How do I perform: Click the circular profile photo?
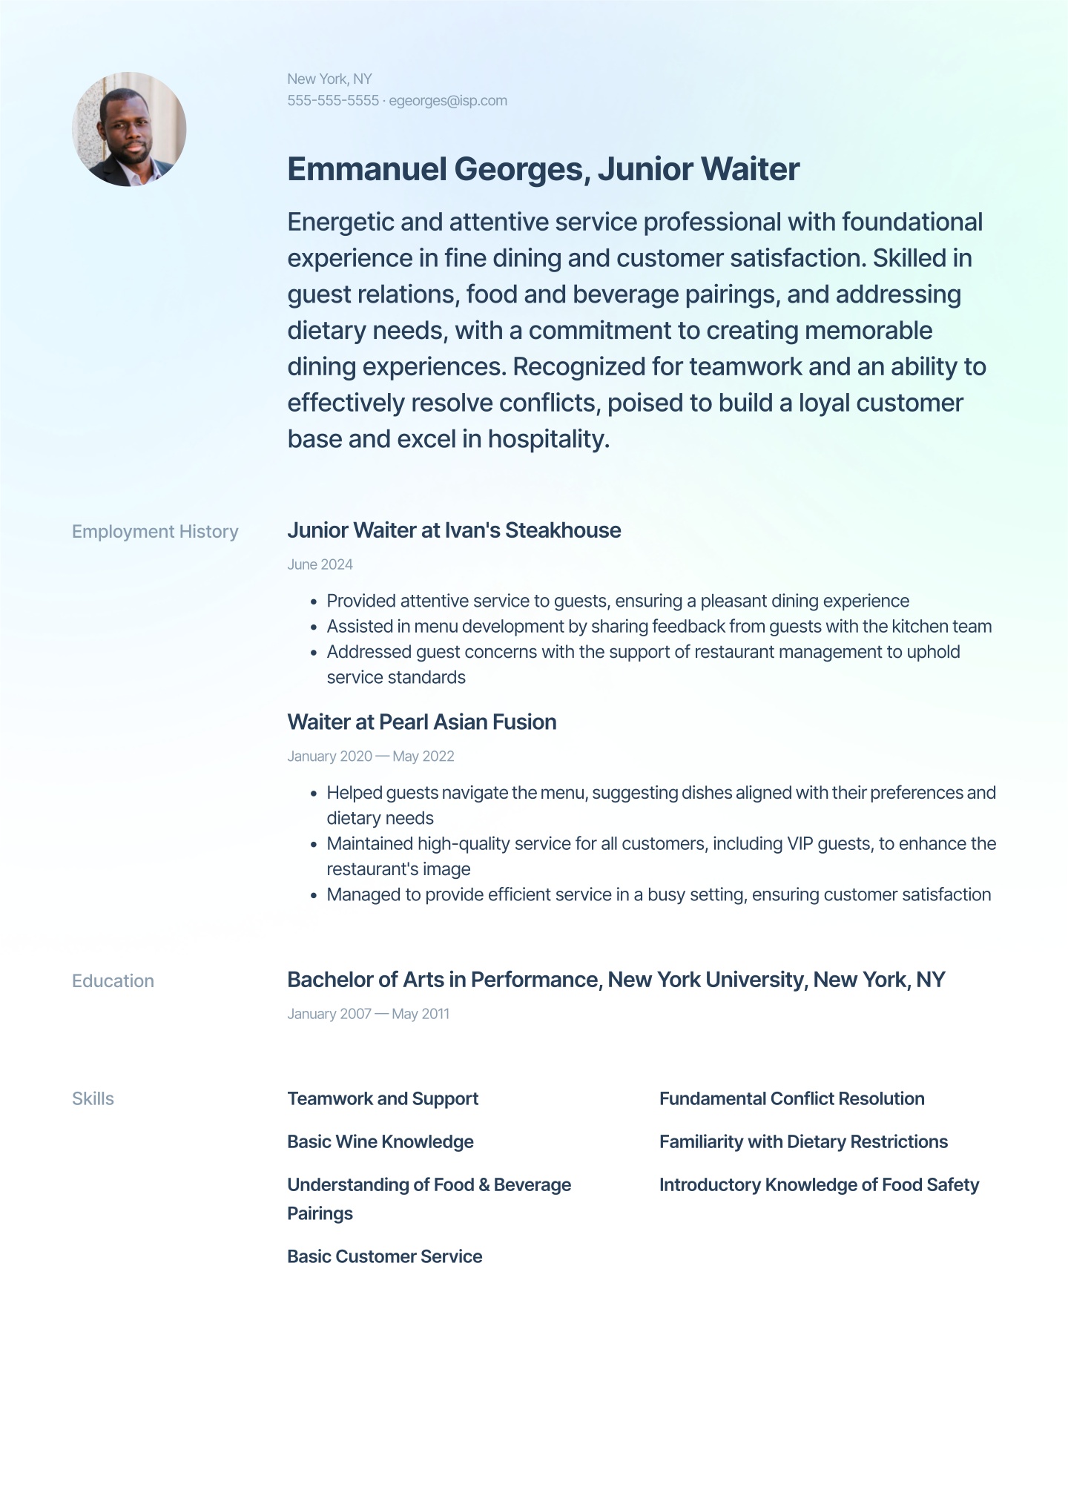(x=129, y=129)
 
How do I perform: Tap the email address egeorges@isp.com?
(x=448, y=101)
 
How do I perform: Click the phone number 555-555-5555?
(x=333, y=101)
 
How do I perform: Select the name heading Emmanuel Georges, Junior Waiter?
(x=543, y=169)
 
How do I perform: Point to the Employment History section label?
(x=155, y=532)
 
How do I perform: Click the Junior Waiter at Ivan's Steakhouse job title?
(x=454, y=530)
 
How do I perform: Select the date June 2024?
(x=320, y=564)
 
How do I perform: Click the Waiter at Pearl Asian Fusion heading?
(x=421, y=722)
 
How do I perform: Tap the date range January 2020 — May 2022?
(x=370, y=756)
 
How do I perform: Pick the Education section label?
(x=113, y=980)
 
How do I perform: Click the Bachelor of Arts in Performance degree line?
(x=616, y=980)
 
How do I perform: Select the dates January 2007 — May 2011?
(x=368, y=1014)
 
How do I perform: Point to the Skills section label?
(x=93, y=1098)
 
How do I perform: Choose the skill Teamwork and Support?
(x=383, y=1098)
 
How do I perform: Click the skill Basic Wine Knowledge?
(x=380, y=1141)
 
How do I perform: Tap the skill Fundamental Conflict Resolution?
(x=791, y=1098)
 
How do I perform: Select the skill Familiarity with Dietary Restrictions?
(x=803, y=1141)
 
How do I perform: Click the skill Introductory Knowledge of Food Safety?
(x=819, y=1184)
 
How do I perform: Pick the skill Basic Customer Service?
(x=384, y=1256)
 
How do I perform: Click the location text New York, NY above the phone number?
(x=329, y=79)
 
